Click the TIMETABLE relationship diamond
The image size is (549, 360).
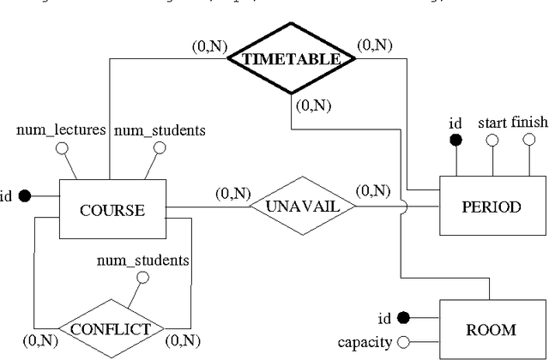coord(291,60)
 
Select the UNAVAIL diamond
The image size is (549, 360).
coord(302,207)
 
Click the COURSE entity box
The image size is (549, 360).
coord(111,210)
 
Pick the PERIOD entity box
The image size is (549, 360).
coord(491,207)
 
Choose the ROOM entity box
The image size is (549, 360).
coord(491,329)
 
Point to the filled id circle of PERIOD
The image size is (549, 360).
coord(456,141)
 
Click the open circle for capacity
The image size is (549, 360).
coord(401,343)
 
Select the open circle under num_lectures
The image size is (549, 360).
coord(61,147)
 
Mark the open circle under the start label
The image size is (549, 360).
coord(492,141)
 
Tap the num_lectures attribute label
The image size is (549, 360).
coord(61,130)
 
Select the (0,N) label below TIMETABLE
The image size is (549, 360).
coord(312,107)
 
